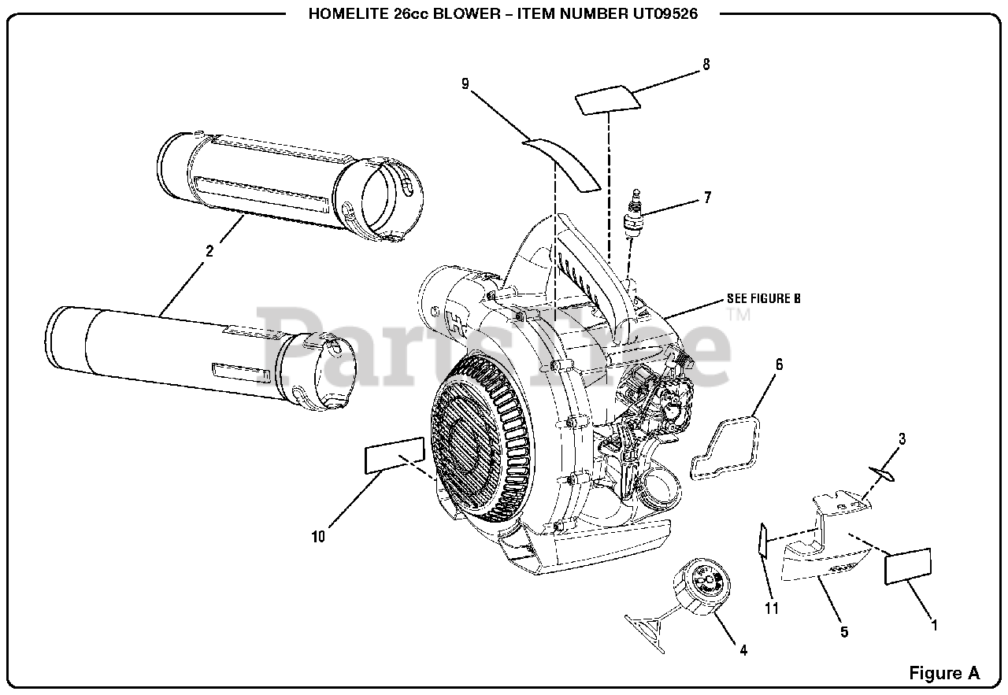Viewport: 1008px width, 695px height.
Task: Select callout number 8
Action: (706, 65)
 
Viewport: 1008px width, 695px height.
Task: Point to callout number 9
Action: (466, 83)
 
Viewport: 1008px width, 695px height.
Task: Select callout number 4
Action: (743, 650)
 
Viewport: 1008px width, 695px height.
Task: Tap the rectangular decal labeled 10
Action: (394, 457)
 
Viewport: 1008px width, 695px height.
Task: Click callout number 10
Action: (318, 537)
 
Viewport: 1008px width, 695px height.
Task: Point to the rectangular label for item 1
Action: (908, 567)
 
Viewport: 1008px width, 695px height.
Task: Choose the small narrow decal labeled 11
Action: (762, 540)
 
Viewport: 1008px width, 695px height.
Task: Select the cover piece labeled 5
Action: (823, 551)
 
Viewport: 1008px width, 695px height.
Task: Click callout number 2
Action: (209, 252)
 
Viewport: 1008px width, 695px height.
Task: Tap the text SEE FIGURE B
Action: (763, 299)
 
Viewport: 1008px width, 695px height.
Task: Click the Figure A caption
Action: (944, 673)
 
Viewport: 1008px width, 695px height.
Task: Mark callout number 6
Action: (779, 364)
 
